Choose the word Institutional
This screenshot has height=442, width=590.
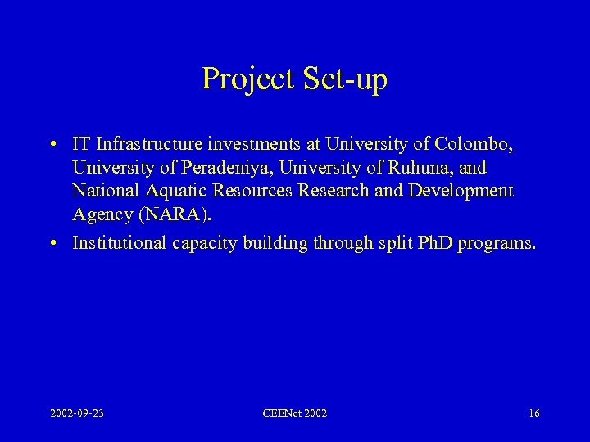[x=116, y=242]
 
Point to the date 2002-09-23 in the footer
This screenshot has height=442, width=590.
[x=75, y=413]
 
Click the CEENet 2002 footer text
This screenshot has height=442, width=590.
[x=295, y=413]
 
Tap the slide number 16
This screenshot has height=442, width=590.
[x=533, y=413]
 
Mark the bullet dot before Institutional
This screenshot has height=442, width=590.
[x=52, y=243]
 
